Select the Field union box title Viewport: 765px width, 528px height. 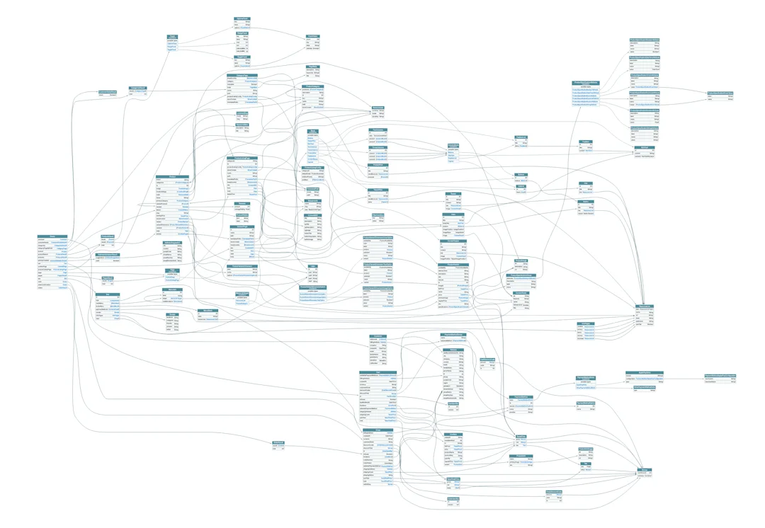coord(172,36)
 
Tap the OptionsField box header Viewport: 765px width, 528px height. coord(242,18)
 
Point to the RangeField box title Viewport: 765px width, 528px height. coord(242,33)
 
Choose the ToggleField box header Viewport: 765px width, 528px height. coord(242,57)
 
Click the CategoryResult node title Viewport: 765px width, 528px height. coord(137,88)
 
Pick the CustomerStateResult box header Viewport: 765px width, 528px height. coord(108,92)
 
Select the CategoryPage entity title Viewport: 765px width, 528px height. coord(242,75)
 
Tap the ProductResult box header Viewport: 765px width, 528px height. coord(108,236)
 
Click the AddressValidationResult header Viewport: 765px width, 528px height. coord(108,254)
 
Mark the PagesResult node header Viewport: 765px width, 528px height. coord(108,277)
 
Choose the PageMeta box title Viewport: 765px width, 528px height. coord(312,67)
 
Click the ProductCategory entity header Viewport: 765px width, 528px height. coord(312,86)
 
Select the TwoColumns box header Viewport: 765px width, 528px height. coord(378,130)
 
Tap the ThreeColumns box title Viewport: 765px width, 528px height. coord(378,147)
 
